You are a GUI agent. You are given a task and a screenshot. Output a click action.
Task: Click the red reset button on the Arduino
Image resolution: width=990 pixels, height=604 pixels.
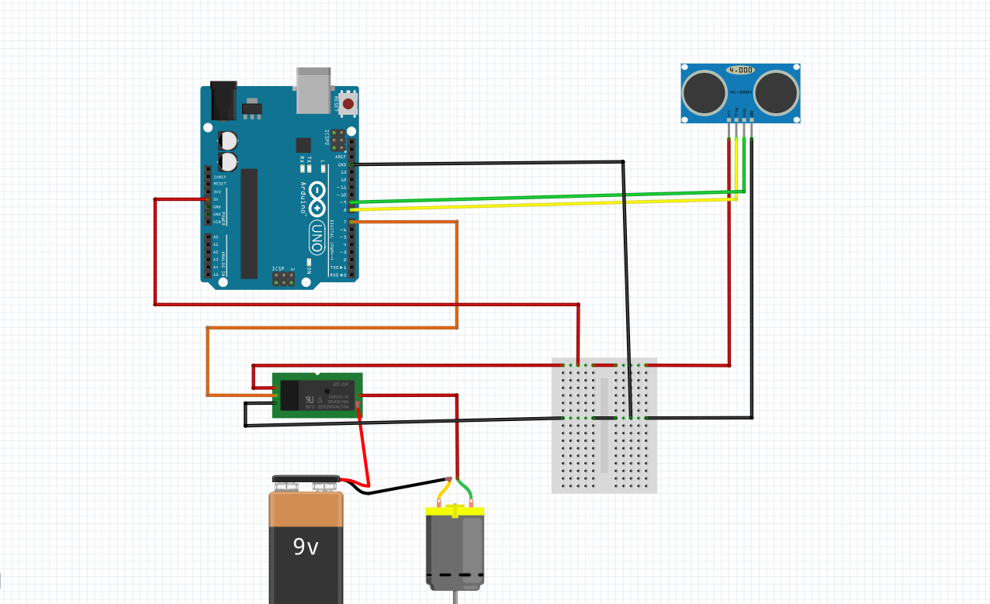point(348,103)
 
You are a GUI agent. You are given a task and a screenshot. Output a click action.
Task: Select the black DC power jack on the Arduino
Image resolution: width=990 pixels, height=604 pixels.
point(223,101)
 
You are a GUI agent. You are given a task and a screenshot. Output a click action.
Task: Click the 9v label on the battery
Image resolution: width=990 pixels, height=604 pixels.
point(306,547)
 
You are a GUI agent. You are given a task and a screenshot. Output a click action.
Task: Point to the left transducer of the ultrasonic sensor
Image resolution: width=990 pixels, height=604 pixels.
point(704,91)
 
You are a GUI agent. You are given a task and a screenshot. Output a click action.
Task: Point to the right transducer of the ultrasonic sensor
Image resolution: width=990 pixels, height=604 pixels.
point(777,91)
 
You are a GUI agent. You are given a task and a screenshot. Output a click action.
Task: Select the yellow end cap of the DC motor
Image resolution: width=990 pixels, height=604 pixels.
point(455,512)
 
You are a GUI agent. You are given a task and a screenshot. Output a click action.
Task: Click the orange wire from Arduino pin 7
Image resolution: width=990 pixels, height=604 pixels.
point(456,271)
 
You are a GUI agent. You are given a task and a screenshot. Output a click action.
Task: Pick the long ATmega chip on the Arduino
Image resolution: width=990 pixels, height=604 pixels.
point(248,223)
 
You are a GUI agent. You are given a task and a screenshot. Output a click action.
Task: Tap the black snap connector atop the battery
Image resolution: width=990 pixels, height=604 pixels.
point(306,479)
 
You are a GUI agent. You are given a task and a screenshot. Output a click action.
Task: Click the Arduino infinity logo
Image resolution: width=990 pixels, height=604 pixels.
point(318,199)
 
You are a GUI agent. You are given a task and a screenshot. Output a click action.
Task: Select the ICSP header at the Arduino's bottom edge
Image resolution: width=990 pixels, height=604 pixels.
point(283,277)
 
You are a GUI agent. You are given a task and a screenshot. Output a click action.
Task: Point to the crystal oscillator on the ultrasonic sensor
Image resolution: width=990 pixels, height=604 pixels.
point(740,70)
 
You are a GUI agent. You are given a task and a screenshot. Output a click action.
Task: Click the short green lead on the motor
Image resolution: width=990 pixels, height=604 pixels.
point(466,492)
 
